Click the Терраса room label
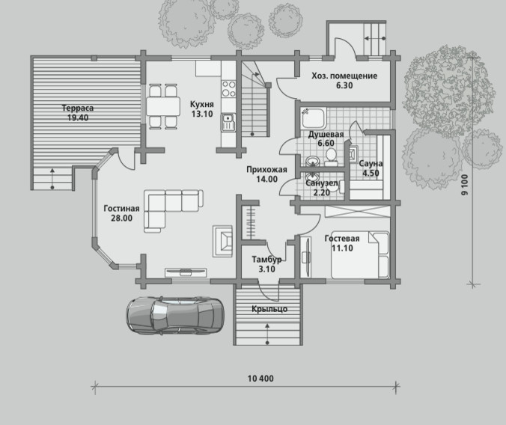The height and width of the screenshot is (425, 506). click(x=78, y=113)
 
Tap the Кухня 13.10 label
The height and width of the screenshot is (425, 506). click(x=202, y=109)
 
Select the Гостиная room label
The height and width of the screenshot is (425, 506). click(x=122, y=213)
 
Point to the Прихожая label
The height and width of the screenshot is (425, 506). click(x=267, y=174)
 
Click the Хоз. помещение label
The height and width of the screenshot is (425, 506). click(x=344, y=81)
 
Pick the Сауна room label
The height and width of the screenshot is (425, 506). click(x=371, y=168)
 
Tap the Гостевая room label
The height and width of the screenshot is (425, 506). click(x=342, y=243)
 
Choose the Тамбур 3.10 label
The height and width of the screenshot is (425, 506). click(x=266, y=264)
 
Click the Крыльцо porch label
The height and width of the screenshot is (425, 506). click(x=269, y=309)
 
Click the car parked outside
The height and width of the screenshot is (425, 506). click(x=175, y=315)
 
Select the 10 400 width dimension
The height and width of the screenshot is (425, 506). click(x=260, y=378)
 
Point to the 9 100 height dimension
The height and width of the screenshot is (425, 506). click(x=464, y=185)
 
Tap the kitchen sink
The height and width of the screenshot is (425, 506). click(x=228, y=122)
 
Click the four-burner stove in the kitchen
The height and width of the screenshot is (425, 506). click(x=228, y=88)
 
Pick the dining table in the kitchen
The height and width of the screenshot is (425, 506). click(x=163, y=106)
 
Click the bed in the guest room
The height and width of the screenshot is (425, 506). click(x=360, y=254)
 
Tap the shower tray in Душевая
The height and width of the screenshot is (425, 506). click(x=314, y=118)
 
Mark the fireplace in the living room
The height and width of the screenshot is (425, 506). click(x=222, y=241)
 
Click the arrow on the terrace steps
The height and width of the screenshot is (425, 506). click(x=52, y=178)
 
